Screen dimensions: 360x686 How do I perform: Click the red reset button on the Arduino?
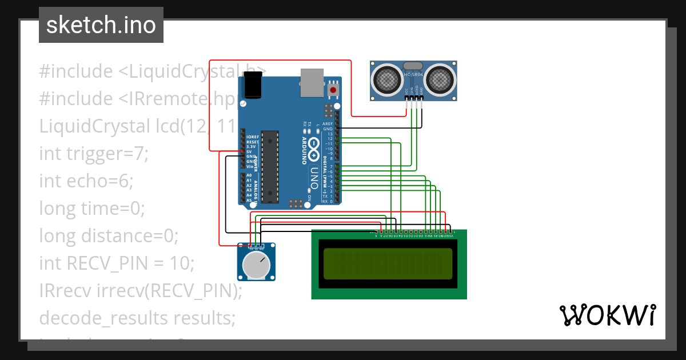333,90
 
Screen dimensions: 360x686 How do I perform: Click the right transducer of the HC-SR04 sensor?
440,77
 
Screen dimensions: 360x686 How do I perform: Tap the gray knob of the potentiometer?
256,265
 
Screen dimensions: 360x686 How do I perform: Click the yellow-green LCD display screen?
388,264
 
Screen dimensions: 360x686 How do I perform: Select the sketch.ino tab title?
101,25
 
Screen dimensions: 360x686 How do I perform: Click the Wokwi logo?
607,315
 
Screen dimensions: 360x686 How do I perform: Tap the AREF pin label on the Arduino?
328,124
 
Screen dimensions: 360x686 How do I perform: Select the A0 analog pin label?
249,175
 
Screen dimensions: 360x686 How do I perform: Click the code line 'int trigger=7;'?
94,153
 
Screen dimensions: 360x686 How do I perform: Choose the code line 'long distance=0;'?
109,235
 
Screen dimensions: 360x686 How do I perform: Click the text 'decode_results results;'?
137,318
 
